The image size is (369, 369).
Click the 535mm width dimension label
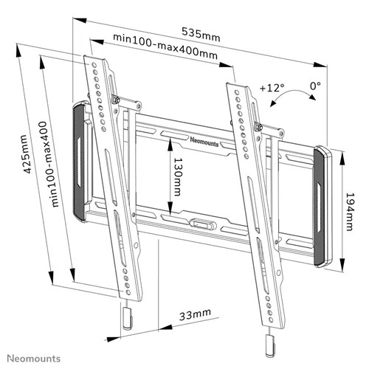tap(201, 35)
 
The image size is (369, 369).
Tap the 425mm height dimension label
tap(26, 154)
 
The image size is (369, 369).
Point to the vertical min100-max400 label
tap(49, 164)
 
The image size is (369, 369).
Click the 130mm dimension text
tap(178, 177)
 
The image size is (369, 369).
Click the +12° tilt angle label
tap(272, 88)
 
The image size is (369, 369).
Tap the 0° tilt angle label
tap(315, 86)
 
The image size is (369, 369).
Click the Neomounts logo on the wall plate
tap(204, 142)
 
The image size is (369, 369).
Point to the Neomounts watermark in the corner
tap(33, 359)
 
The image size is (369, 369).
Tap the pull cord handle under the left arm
tap(127, 318)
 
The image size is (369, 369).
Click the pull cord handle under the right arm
tap(270, 345)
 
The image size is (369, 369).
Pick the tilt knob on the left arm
tap(115, 99)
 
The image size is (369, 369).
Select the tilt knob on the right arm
tap(259, 126)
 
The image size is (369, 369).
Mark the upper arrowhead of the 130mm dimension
tap(170, 145)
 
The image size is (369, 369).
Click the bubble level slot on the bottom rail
tap(204, 224)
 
